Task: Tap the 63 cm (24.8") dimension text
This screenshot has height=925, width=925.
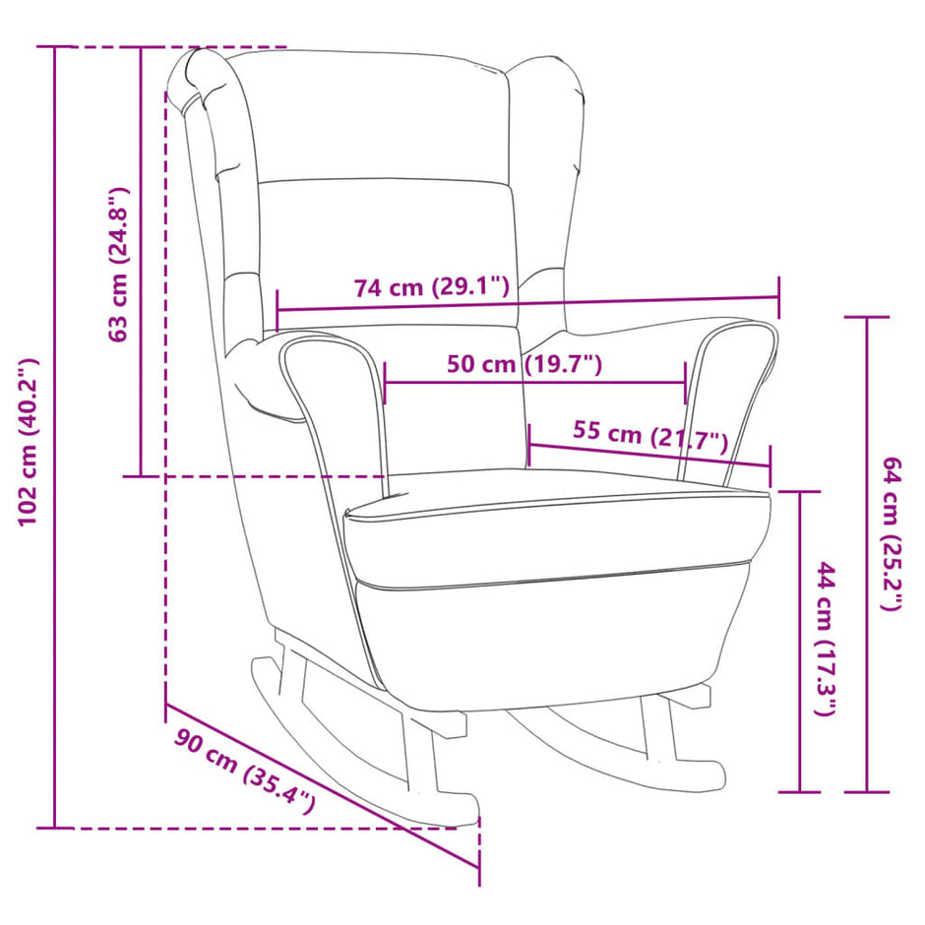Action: point(119,264)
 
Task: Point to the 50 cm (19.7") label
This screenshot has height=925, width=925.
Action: point(524,364)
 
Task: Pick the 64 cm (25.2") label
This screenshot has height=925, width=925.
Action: point(891,534)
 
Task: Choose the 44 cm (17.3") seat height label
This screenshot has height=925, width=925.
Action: point(827,640)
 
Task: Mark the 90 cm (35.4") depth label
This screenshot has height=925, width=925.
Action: point(246,771)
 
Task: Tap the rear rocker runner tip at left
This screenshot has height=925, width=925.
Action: point(264,674)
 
